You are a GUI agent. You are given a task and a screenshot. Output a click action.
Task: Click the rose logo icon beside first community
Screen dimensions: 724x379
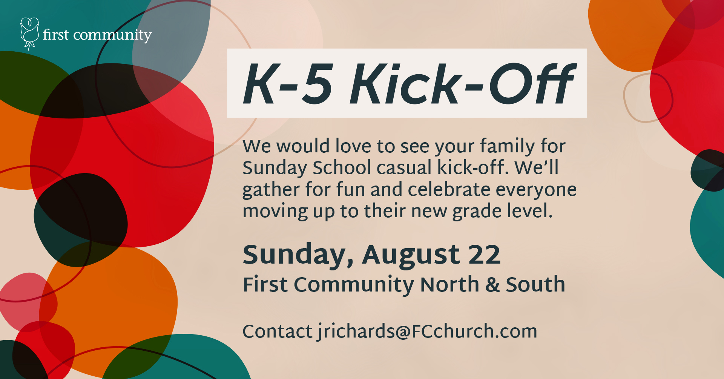click(29, 34)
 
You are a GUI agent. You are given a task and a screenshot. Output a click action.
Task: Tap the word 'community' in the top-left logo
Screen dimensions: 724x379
click(112, 35)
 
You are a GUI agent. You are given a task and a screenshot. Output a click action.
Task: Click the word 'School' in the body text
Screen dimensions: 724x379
click(342, 167)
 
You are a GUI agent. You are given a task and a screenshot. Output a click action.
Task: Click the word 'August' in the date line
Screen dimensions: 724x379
click(411, 256)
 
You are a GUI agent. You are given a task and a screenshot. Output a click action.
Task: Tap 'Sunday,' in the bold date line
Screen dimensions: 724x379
click(298, 256)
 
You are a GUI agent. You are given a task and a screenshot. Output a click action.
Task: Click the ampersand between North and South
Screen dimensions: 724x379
click(492, 285)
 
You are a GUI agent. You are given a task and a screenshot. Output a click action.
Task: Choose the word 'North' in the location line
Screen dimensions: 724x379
click(449, 284)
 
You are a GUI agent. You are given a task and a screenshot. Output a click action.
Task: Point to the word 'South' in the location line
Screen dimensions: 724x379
click(535, 284)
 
